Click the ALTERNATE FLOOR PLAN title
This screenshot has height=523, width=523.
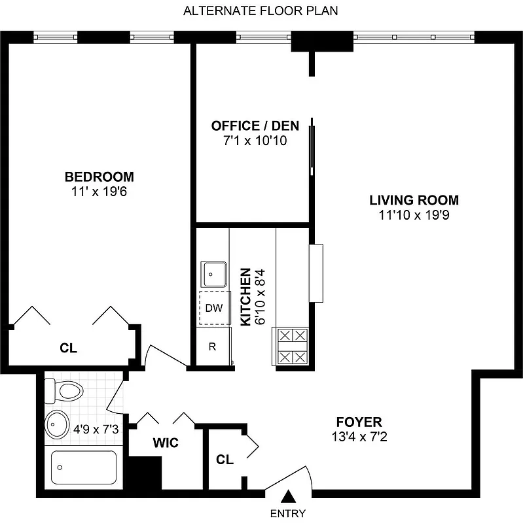pos(261,11)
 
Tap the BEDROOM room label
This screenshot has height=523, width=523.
pos(99,177)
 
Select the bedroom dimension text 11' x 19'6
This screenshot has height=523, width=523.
pos(99,192)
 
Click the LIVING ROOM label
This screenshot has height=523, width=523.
pos(414,200)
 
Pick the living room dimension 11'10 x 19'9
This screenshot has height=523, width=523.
pos(414,215)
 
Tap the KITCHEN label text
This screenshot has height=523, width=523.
pos(245,297)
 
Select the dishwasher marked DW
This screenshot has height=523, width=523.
pos(213,308)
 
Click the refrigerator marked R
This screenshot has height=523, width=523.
pos(212,346)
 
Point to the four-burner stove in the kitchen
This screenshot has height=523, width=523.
pos(292,346)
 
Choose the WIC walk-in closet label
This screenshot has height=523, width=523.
pos(166,443)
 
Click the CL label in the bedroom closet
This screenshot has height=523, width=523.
pos(68,348)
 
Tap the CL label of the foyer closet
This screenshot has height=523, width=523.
pos(225,460)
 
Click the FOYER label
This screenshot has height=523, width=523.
pos(359,422)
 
